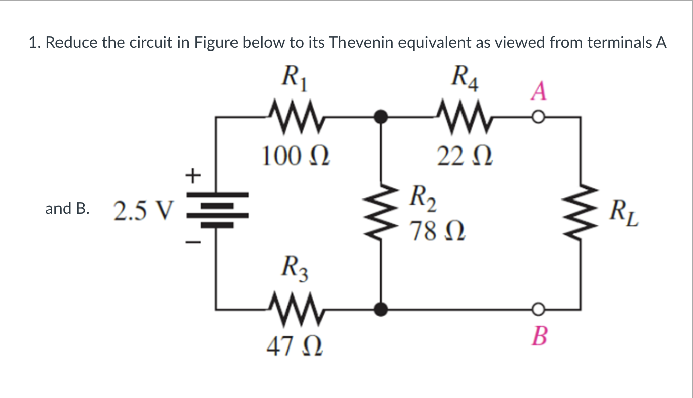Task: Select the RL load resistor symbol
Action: [580, 212]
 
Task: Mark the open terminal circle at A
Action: [539, 118]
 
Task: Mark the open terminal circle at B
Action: [539, 308]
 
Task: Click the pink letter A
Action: [539, 92]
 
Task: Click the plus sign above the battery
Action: [192, 176]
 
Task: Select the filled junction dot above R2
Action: [382, 118]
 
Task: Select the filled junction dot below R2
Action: [382, 308]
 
